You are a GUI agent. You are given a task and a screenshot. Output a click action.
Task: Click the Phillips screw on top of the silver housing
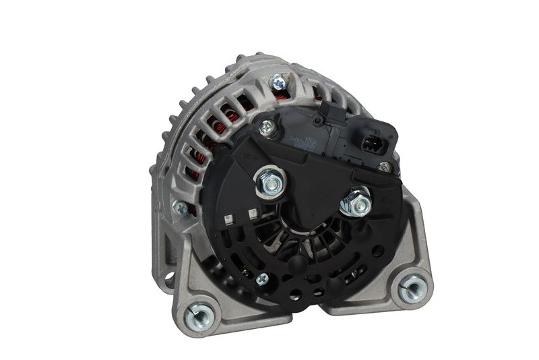(276, 82)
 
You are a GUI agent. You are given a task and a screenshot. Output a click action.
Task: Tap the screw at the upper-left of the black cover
(267, 125)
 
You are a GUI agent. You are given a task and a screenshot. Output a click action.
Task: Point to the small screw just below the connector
(384, 167)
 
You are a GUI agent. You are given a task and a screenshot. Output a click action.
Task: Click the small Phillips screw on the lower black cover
(262, 278)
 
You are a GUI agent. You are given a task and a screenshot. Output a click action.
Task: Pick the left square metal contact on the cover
(229, 218)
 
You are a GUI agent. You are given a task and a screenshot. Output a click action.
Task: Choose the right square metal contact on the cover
(252, 214)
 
